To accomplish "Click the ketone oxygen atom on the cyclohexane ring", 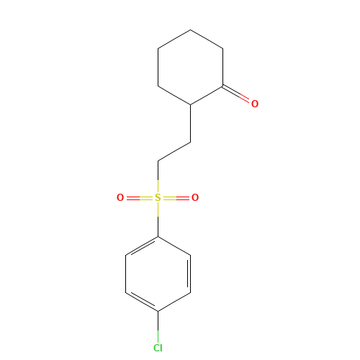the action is (255, 104).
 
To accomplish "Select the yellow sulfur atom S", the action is (158, 197).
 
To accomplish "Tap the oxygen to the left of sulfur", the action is (120, 197).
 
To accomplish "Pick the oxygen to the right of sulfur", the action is (195, 197).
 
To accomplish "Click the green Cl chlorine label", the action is (158, 348).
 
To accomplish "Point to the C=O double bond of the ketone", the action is (235, 94).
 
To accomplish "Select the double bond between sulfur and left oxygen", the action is (139, 198).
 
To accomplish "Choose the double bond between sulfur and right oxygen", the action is (176, 198).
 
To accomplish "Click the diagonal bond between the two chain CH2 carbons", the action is (174, 151).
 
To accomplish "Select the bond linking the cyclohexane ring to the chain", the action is (191, 123).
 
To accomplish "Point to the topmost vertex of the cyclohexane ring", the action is (191, 30).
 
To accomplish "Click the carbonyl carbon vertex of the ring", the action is (223, 86).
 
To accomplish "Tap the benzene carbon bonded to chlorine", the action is (158, 311).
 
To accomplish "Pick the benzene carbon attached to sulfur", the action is (158, 237).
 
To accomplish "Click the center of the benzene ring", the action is (158, 274).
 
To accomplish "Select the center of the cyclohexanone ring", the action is (191, 67).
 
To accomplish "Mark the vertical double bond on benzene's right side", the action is (189, 274).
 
